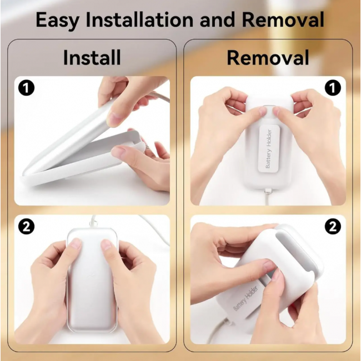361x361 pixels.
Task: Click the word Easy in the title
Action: coord(57,21)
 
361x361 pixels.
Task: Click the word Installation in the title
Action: coord(139,20)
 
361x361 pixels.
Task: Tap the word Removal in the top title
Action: coord(283,20)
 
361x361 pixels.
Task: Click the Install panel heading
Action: coord(92,58)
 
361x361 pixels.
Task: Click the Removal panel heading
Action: coord(268,58)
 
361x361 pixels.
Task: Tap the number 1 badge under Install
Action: coord(27,88)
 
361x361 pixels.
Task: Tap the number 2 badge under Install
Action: coord(27,227)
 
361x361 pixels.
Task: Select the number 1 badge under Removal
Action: coord(333,88)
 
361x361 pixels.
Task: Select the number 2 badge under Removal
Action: coord(333,227)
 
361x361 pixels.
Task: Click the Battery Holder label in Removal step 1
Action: coord(268,149)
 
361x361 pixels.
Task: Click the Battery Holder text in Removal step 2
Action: coord(245,298)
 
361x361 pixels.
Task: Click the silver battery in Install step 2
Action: coord(92,280)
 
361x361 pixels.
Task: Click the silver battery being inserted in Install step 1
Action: coord(69,136)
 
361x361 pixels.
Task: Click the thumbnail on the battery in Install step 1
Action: coord(114,119)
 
